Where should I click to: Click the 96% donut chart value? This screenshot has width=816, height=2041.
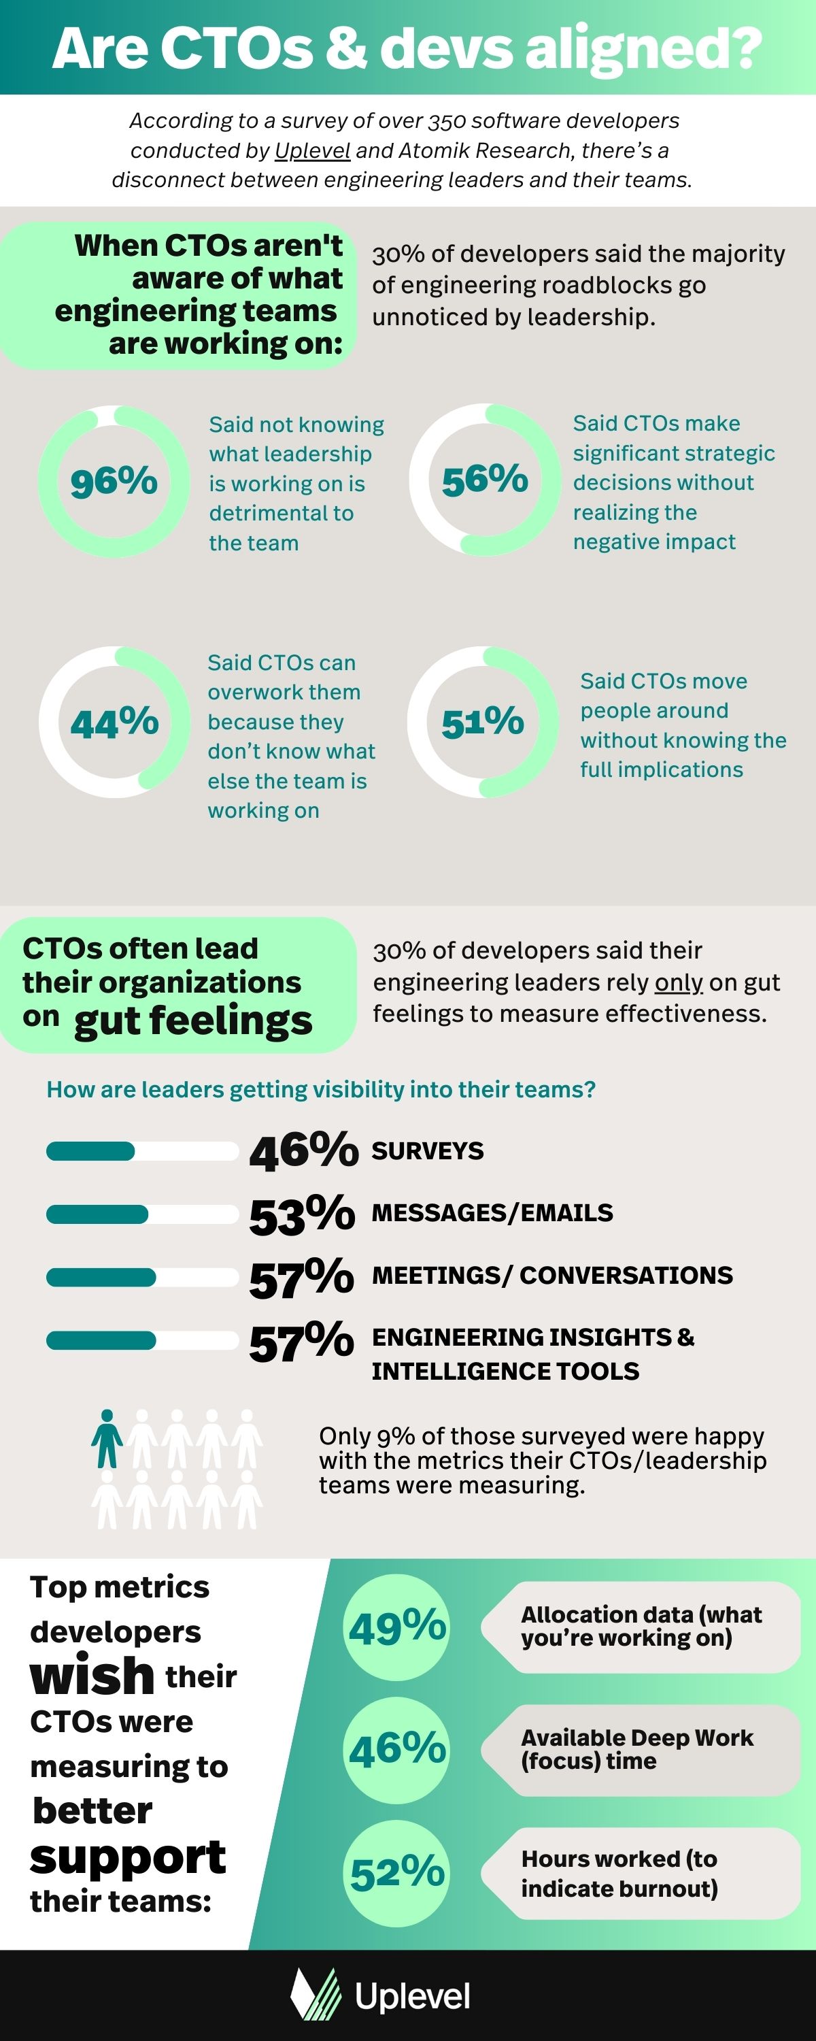click(x=114, y=482)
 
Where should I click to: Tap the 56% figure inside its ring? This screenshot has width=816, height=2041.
click(x=485, y=480)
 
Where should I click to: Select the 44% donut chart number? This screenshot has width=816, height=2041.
click(x=114, y=723)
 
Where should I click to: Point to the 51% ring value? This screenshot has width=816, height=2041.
click(x=483, y=722)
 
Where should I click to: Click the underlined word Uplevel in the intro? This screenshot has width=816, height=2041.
click(x=312, y=150)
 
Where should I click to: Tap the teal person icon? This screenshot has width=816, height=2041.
click(x=107, y=1438)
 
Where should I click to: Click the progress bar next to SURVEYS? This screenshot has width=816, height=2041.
click(x=142, y=1151)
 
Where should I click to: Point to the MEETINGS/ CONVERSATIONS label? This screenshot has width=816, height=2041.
click(x=552, y=1276)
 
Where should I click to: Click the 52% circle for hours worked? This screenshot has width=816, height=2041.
click(x=397, y=1873)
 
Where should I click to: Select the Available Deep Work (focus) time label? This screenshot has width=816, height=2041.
click(x=637, y=1748)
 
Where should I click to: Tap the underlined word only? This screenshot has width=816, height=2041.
click(x=678, y=982)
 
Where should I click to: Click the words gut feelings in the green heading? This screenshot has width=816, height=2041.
click(x=193, y=1020)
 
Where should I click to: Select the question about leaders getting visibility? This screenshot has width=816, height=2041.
click(x=321, y=1089)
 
